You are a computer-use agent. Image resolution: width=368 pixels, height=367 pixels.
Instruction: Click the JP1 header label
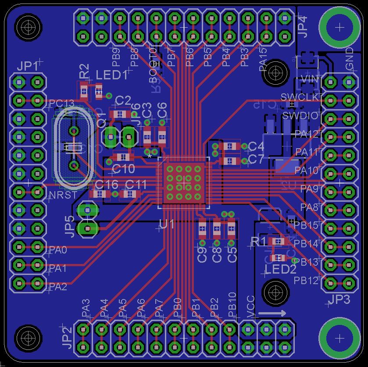pos(27,67)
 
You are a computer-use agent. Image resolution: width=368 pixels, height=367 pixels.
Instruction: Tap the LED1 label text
pos(111,75)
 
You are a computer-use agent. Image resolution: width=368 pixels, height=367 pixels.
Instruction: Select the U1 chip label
pos(167,224)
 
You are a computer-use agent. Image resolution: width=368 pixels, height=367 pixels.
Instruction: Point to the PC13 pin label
pos(61,103)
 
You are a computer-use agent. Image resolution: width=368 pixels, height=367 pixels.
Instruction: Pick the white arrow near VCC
pos(272,314)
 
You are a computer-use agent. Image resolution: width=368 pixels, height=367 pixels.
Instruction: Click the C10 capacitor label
pos(123,168)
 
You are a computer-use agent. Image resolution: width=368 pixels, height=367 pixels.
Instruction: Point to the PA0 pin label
pos(58,250)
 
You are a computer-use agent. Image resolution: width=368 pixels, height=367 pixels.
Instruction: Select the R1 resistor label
pos(258,241)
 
